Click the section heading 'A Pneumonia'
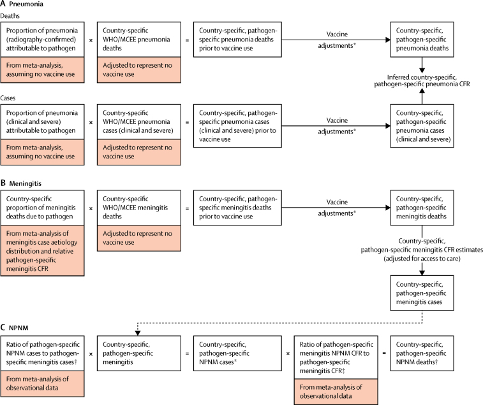[x=22, y=4]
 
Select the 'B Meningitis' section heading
[x=21, y=183]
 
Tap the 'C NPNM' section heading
[x=15, y=328]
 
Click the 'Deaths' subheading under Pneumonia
[x=10, y=16]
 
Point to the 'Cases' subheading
[x=8, y=98]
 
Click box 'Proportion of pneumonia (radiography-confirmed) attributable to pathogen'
[x=42, y=40]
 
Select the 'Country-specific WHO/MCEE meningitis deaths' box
[x=139, y=208]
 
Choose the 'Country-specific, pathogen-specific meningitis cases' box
[x=422, y=293]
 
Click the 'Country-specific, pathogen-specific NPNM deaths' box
[x=422, y=353]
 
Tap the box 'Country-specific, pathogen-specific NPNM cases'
[x=237, y=353]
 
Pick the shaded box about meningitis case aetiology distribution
[x=42, y=250]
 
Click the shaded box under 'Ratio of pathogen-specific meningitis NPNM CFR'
[x=336, y=392]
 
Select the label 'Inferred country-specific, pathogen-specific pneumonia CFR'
[x=422, y=80]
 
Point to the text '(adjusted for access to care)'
[x=422, y=259]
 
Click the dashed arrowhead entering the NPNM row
[x=138, y=333]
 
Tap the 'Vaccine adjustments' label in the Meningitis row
[x=337, y=208]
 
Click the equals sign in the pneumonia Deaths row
[x=188, y=40]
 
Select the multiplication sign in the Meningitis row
[x=91, y=208]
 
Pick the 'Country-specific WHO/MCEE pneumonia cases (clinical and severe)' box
[x=139, y=122]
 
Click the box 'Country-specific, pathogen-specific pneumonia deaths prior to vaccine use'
[x=237, y=40]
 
